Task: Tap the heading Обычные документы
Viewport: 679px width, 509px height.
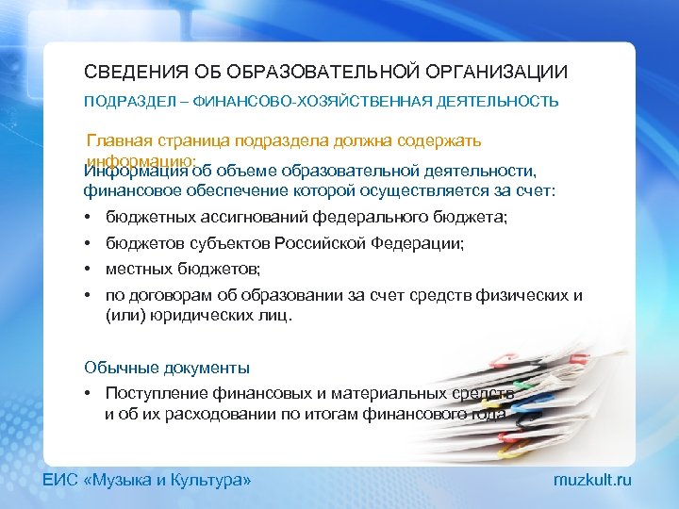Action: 166,368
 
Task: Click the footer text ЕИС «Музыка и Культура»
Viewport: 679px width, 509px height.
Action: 147,481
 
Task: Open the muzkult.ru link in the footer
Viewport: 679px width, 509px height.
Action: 592,481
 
